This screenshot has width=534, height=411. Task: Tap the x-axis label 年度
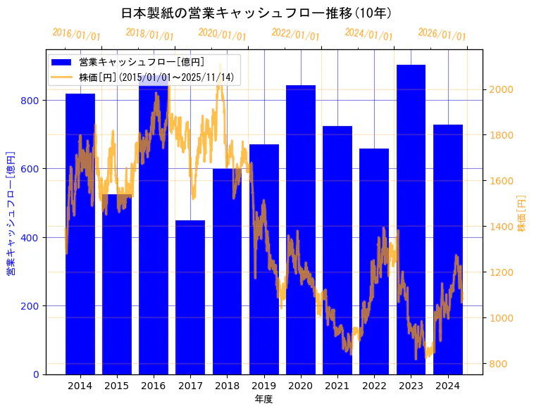(263, 399)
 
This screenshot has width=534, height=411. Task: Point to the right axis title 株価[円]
(521, 213)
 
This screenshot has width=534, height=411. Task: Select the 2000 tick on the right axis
(502, 89)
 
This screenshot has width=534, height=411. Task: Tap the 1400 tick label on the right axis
(502, 227)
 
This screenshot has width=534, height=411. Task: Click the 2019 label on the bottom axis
(263, 386)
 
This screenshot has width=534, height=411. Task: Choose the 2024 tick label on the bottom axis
(447, 386)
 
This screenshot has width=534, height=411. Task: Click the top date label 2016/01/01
(77, 34)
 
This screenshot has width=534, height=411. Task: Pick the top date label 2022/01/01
(296, 34)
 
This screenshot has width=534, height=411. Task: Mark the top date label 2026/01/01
(442, 34)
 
